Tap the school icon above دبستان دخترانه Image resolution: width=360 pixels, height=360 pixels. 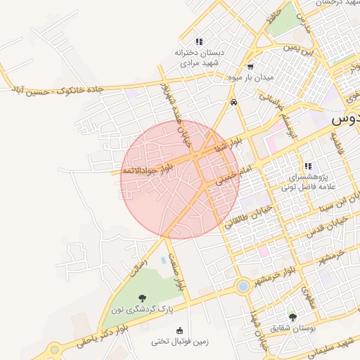tap(199, 41)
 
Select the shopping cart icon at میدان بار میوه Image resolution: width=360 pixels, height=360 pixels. tap(250, 67)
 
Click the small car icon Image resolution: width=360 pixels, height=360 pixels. tap(233, 103)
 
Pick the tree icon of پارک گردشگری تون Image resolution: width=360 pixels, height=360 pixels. tap(142, 299)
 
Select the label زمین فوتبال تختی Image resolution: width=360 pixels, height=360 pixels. tap(179, 342)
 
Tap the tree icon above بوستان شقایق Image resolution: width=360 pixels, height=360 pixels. tap(292, 317)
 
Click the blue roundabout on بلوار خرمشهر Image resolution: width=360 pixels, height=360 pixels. tap(243, 286)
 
